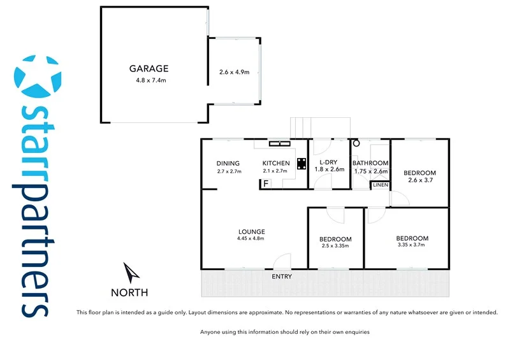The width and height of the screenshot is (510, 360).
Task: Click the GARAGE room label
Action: (149, 68)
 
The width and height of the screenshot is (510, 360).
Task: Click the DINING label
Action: (228, 163)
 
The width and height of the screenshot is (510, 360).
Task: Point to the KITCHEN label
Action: (276, 163)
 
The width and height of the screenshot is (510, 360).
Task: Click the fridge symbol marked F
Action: (265, 184)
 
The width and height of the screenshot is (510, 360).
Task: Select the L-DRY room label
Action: (329, 163)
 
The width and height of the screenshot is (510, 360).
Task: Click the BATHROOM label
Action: (370, 163)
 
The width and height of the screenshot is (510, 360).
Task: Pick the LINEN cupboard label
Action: (381, 185)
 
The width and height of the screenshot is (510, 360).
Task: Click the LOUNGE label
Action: (252, 231)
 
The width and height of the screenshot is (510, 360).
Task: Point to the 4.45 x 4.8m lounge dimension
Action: (251, 239)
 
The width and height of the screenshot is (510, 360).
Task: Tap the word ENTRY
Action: (282, 277)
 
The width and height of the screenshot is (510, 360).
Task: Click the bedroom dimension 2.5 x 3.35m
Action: (335, 247)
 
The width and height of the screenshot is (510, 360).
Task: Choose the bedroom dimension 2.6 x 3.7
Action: (419, 180)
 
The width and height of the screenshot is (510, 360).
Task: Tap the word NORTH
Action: (129, 292)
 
